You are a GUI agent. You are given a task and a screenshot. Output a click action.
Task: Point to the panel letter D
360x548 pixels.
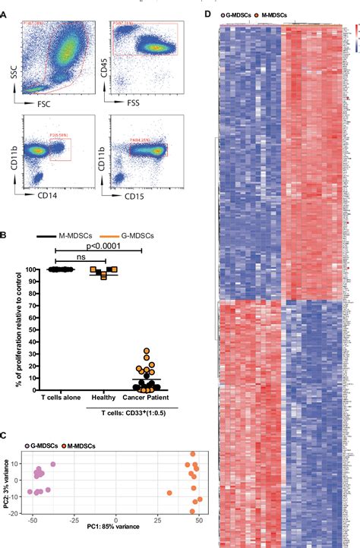(210, 15)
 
